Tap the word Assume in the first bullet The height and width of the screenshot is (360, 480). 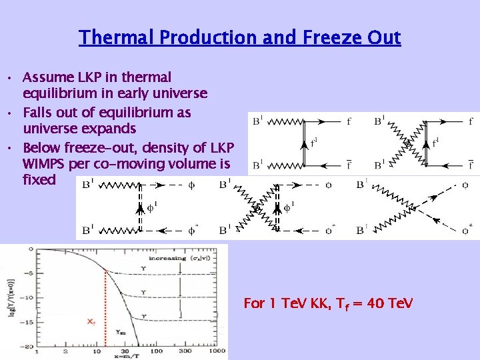click(x=47, y=77)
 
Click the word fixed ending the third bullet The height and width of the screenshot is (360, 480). click(x=39, y=181)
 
